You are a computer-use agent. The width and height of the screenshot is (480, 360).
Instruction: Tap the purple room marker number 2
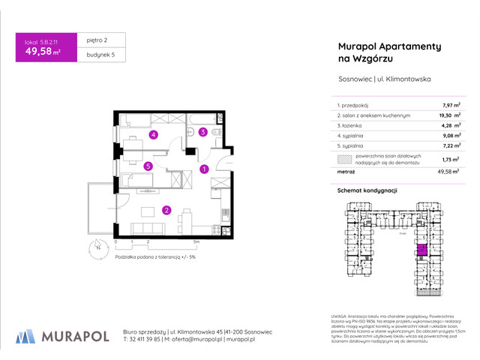click(x=166, y=211)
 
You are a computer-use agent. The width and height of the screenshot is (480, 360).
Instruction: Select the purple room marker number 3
click(x=202, y=133)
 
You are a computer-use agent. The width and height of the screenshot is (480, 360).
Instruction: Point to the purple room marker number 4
click(x=153, y=135)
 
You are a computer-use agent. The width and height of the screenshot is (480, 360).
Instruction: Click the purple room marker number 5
click(x=148, y=166)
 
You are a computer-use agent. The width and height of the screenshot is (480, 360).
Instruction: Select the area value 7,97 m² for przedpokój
click(x=451, y=106)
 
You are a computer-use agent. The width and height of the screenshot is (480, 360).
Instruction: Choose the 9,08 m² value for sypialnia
click(x=451, y=136)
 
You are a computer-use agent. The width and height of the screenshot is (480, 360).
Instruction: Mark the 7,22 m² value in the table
click(x=451, y=147)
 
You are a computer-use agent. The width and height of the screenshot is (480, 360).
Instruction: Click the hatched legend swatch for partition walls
click(x=343, y=159)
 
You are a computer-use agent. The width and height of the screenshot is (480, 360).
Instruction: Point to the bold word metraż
click(x=346, y=172)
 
